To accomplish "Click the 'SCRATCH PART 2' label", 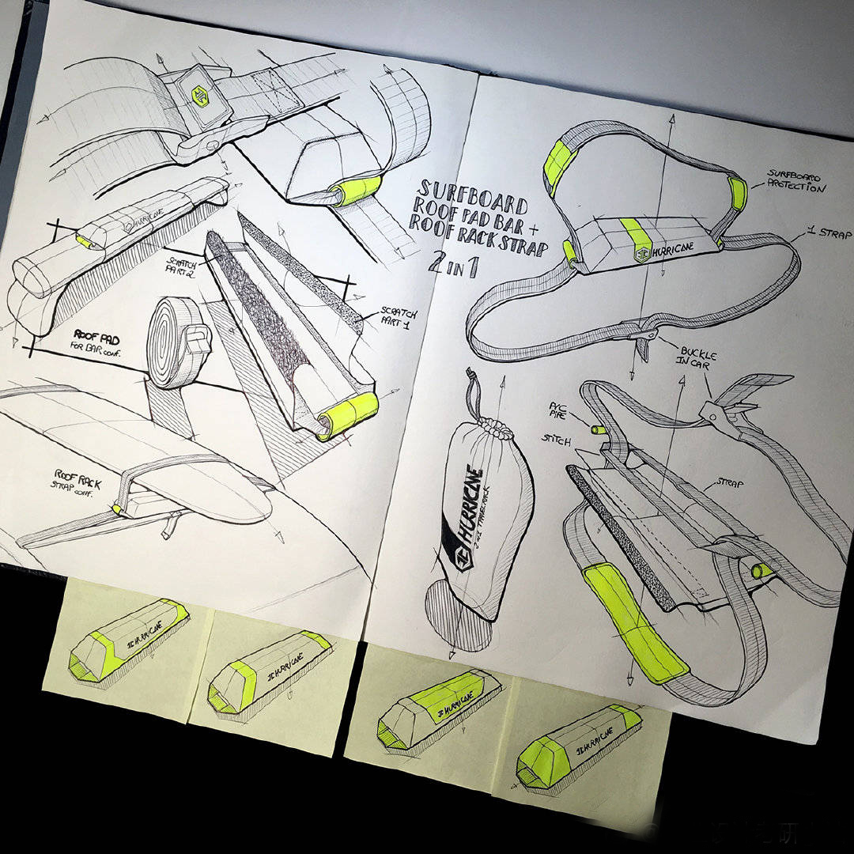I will pos(183,264).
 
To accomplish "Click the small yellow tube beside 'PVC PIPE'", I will pos(599,429).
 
